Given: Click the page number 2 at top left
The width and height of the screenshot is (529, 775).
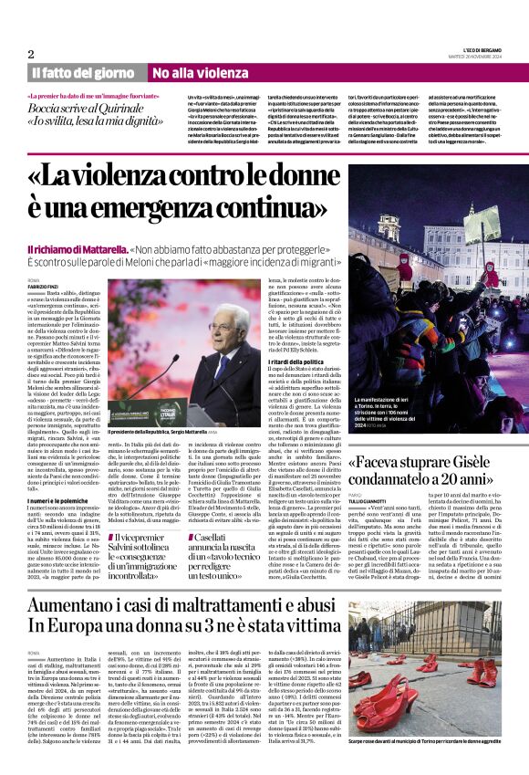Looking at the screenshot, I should click(x=30, y=55).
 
